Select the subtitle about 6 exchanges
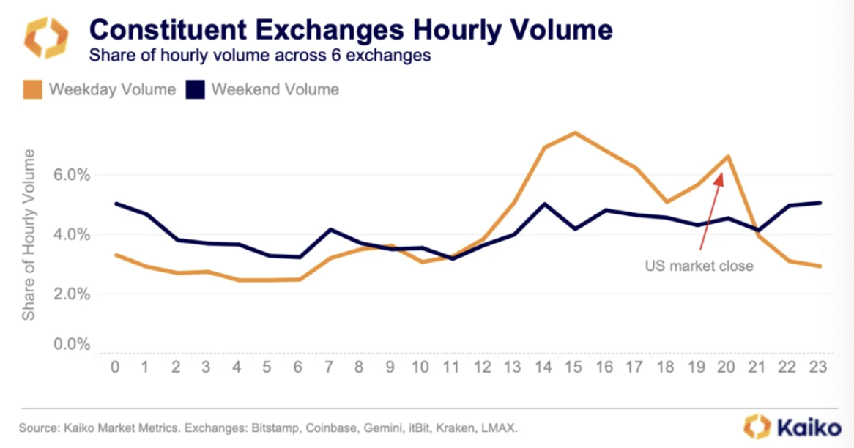point(259,55)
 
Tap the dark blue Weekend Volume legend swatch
point(196,89)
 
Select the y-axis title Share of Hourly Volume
point(29,234)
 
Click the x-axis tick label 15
point(574,366)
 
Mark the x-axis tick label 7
point(329,366)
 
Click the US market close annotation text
point(699,266)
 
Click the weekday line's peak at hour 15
point(575,132)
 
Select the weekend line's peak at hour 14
point(544,204)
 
